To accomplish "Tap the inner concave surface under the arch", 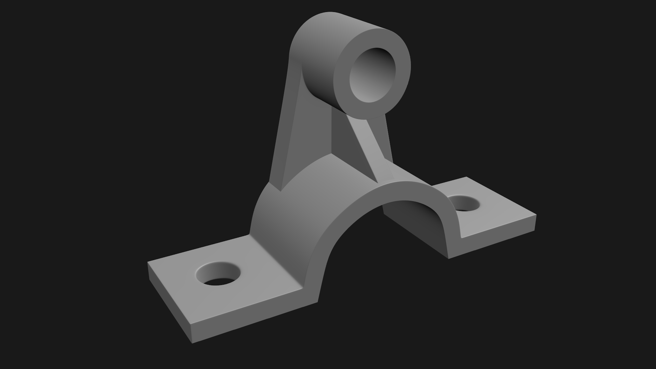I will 417,222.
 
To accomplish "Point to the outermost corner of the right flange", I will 535,216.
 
